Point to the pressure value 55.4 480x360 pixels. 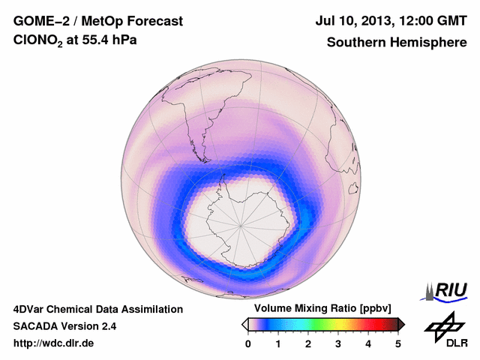point(100,43)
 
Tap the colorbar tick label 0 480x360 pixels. point(248,343)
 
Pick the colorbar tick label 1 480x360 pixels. point(278,343)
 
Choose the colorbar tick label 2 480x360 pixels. point(308,343)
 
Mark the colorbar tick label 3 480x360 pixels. point(338,343)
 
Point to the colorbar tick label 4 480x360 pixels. point(368,343)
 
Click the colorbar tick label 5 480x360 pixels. point(398,343)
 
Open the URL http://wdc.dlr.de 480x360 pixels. point(54,343)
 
